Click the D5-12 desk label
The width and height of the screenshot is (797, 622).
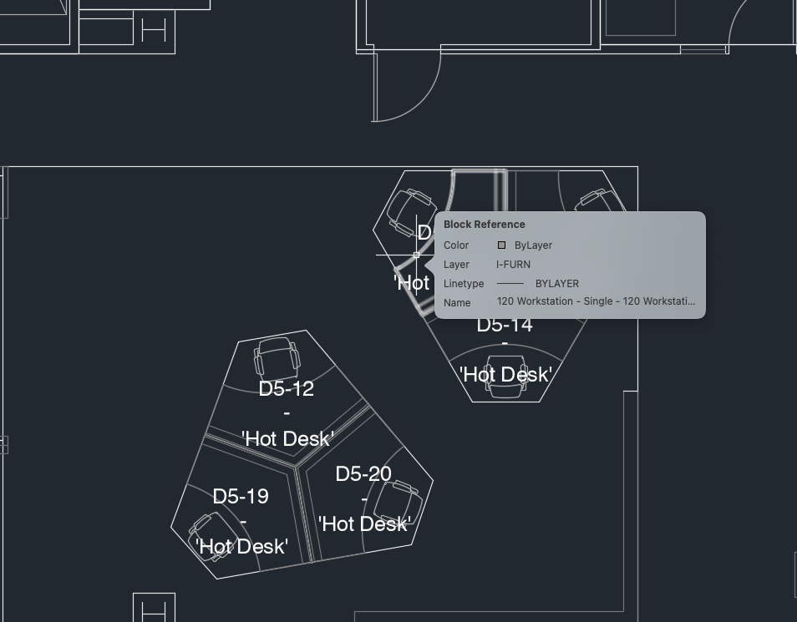(x=287, y=389)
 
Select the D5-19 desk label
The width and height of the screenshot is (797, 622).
(x=241, y=497)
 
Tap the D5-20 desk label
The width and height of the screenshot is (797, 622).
(x=363, y=474)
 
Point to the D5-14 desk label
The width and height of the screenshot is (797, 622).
(x=505, y=325)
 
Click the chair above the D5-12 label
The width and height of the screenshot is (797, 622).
(x=277, y=357)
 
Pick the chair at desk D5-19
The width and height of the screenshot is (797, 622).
(x=207, y=534)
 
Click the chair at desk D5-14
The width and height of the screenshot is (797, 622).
(x=506, y=378)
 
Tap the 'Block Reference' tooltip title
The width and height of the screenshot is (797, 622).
(x=485, y=225)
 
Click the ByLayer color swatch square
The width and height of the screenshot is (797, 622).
(x=501, y=245)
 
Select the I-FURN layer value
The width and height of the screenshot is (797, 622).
(x=513, y=265)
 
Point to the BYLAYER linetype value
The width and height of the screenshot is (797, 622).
(x=556, y=284)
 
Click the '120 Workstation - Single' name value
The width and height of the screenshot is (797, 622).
(x=596, y=301)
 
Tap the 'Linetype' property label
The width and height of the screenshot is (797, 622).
(x=464, y=284)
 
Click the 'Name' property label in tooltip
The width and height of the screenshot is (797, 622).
(x=457, y=303)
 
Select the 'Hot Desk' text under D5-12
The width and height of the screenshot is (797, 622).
(x=287, y=438)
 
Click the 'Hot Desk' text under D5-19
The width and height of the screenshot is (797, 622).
(x=241, y=546)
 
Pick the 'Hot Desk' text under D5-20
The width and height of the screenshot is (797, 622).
(x=363, y=523)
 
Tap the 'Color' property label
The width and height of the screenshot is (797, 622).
(x=456, y=245)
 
